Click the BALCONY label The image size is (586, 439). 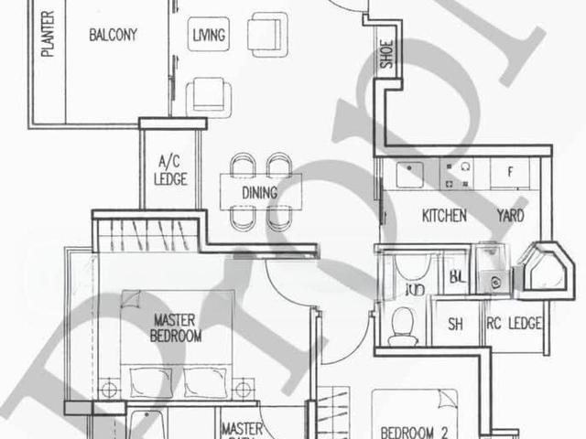(113, 36)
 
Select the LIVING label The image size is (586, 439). (210, 36)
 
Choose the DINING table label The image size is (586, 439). (260, 193)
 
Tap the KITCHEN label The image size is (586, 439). (444, 217)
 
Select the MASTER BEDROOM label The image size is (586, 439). (177, 328)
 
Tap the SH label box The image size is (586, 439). (454, 324)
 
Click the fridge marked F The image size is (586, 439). (511, 172)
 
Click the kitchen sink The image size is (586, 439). (408, 173)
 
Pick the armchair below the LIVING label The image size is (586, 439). (209, 94)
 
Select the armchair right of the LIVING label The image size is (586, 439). (269, 34)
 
